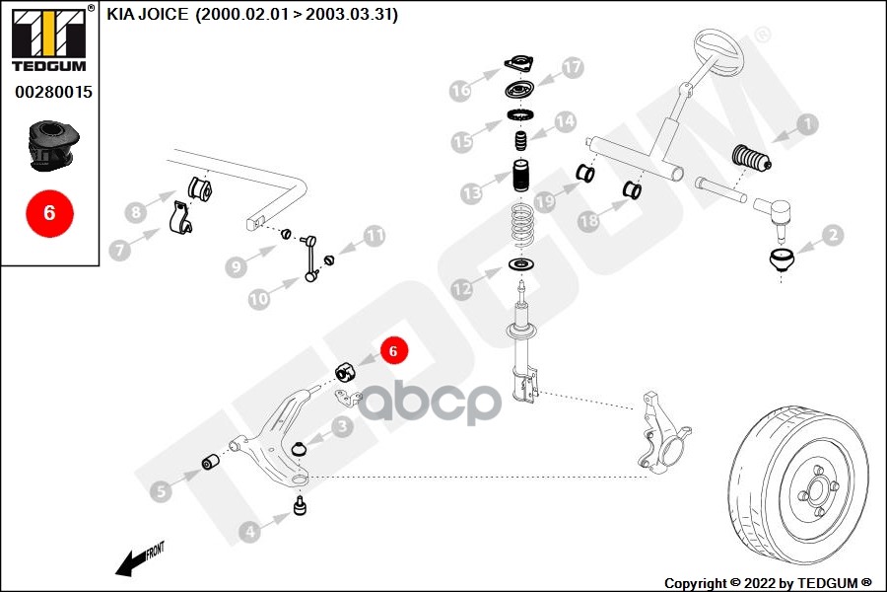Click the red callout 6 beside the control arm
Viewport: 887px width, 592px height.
(x=391, y=350)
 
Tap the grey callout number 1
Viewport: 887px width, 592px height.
(x=807, y=124)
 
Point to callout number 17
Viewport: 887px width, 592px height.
(x=574, y=67)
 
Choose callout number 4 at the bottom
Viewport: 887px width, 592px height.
(x=249, y=532)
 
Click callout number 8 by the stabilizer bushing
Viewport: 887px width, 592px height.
(x=136, y=210)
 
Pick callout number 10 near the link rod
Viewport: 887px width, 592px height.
(x=258, y=297)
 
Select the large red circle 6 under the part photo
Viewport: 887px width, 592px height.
(x=50, y=212)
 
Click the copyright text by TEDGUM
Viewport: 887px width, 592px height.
(x=768, y=583)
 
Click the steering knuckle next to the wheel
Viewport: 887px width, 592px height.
(x=661, y=431)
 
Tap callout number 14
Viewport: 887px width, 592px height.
(x=564, y=121)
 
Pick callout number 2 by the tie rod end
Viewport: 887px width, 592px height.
(x=832, y=235)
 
